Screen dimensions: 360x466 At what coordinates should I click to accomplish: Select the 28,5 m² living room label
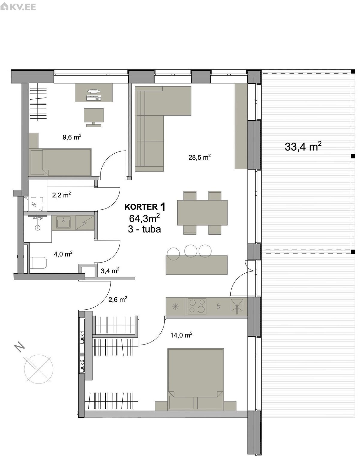(199, 157)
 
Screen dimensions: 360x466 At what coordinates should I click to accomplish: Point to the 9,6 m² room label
(72, 137)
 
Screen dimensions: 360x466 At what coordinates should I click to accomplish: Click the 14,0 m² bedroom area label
(181, 335)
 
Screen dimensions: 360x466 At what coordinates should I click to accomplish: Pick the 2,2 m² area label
(61, 195)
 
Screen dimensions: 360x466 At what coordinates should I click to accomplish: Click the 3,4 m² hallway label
(110, 271)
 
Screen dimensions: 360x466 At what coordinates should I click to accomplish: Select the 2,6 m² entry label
(118, 299)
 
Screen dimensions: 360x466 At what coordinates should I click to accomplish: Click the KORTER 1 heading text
(145, 207)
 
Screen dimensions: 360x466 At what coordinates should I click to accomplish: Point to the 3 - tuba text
(144, 229)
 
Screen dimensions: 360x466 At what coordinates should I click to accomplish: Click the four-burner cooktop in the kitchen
(197, 306)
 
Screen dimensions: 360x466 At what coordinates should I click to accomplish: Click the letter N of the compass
(19, 347)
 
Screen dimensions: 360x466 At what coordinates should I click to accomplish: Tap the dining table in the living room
(202, 212)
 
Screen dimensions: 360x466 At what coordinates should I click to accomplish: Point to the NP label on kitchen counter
(219, 307)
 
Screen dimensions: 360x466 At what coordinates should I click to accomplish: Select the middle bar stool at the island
(190, 251)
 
